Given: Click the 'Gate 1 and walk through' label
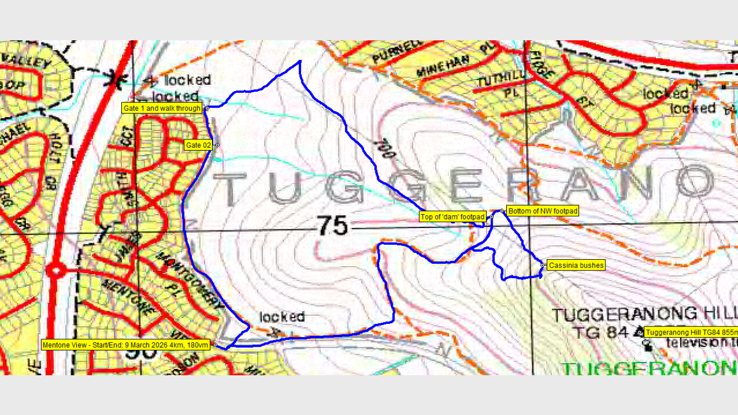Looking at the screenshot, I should tap(162, 108).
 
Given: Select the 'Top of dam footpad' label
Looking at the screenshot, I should tap(452, 217).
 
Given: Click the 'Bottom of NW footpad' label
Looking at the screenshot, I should tap(542, 211).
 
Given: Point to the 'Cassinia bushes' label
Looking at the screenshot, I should tap(576, 266).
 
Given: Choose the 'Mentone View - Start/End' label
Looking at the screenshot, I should tap(126, 345).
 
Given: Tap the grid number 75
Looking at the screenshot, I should tap(334, 226).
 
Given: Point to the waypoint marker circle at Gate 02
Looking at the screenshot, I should tap(217, 145).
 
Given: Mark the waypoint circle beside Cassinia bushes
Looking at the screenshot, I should tap(542, 265).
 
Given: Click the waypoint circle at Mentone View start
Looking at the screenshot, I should tap(215, 345).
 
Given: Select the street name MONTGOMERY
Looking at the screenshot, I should tap(191, 278).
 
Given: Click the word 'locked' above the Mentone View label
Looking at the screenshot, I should tap(282, 317).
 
